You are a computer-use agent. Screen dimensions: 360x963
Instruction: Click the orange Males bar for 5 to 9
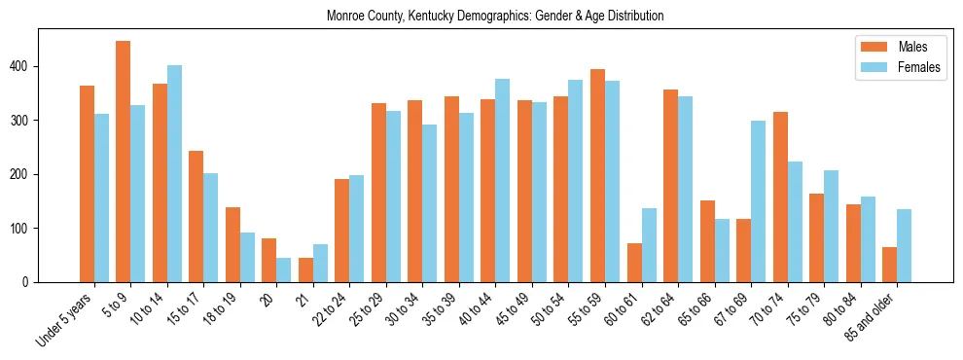(124, 162)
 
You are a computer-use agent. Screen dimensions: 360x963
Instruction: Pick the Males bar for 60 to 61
(634, 263)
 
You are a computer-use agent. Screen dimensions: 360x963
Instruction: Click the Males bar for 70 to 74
(780, 198)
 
